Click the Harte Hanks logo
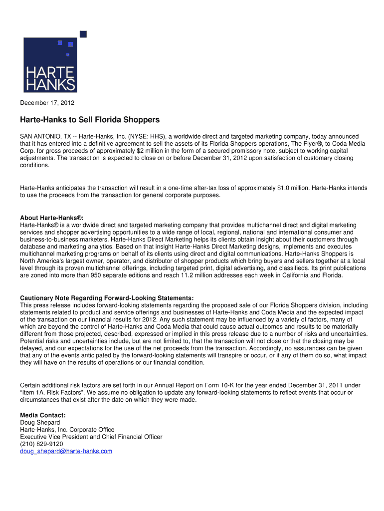(50, 65)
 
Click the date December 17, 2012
(47, 103)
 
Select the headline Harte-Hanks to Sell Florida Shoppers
(90, 120)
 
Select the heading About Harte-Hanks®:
(51, 218)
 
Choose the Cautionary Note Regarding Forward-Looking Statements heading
(107, 298)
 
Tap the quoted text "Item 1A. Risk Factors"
(55, 393)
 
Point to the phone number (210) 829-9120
(41, 444)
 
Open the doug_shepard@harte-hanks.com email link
(66, 451)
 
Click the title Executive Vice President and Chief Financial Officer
(91, 437)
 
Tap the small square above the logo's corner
(83, 34)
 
